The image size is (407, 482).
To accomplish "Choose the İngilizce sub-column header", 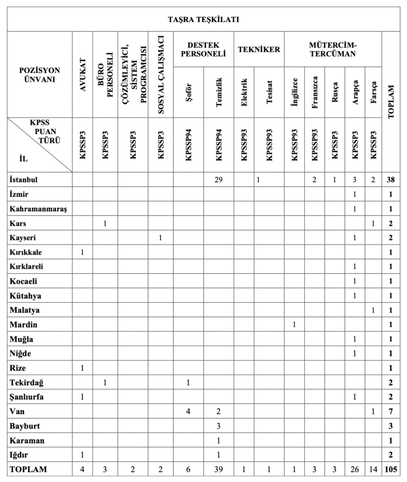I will pos(295,93).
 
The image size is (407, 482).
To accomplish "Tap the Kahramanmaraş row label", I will pos(36,208).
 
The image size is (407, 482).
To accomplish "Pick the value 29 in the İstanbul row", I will pos(218,179).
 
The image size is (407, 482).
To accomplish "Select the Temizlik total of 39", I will pos(218,469).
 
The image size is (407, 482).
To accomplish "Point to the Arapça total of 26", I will pos(354,469).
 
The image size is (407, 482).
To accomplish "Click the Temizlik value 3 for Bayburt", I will pos(218,426).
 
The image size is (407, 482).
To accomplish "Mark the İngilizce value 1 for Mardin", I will pos(295,324).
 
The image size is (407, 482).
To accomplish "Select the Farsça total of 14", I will pos(373,469).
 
